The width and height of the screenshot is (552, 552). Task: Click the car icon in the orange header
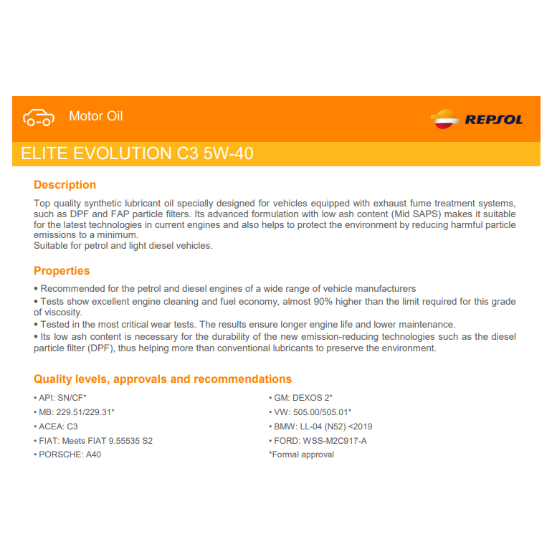(x=38, y=117)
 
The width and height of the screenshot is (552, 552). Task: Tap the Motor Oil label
(x=96, y=116)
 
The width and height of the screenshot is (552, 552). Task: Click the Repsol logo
(x=477, y=119)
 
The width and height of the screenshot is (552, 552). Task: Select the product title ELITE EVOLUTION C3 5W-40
(x=137, y=154)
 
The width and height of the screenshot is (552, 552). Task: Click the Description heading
(x=65, y=185)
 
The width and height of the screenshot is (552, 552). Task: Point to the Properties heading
(x=62, y=271)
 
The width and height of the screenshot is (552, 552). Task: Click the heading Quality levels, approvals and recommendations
(x=163, y=379)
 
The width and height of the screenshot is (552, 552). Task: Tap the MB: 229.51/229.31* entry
(x=74, y=412)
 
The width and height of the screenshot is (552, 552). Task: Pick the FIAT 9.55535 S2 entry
(x=93, y=441)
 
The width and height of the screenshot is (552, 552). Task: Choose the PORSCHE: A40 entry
(x=67, y=455)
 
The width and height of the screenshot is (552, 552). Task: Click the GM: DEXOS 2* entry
(x=301, y=398)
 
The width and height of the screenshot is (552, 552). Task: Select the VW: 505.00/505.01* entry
(x=310, y=412)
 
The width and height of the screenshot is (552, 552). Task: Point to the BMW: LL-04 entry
(x=320, y=427)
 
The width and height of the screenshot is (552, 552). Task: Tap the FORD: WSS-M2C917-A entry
(x=318, y=441)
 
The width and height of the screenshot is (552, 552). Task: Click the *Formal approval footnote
(x=301, y=455)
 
